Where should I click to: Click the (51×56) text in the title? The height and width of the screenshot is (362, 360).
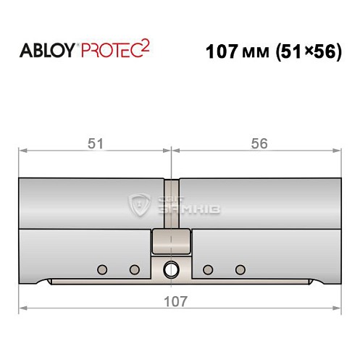pos(304,52)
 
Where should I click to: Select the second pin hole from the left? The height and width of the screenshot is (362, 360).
pos(134,269)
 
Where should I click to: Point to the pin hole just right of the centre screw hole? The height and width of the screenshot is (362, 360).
pos(208,269)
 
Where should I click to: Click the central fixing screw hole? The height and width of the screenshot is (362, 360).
pos(171,269)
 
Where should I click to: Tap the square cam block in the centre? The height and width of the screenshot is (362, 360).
pos(171,240)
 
